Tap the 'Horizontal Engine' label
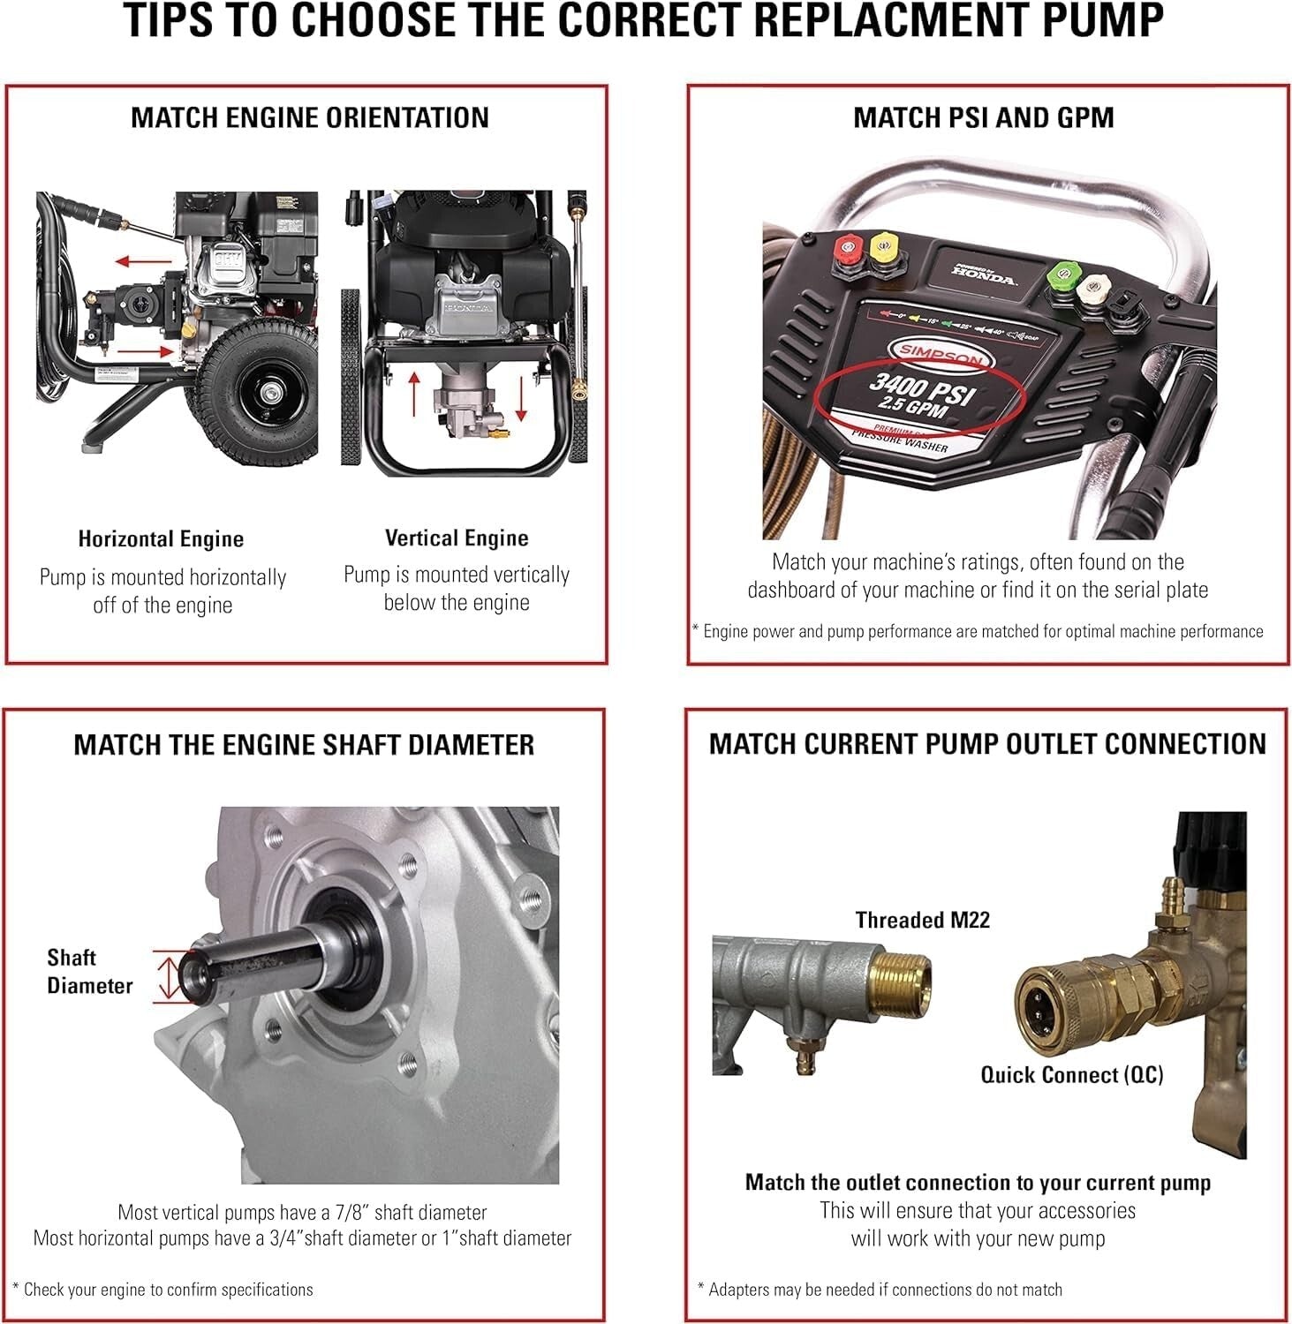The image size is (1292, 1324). [161, 539]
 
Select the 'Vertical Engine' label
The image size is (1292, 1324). [457, 538]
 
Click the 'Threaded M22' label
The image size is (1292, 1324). [922, 920]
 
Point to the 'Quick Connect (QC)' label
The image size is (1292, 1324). [1071, 1074]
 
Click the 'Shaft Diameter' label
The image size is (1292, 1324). [88, 971]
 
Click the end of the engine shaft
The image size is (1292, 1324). [192, 974]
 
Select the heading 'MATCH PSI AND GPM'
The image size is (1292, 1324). [983, 117]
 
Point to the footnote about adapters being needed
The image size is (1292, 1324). [880, 1290]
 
